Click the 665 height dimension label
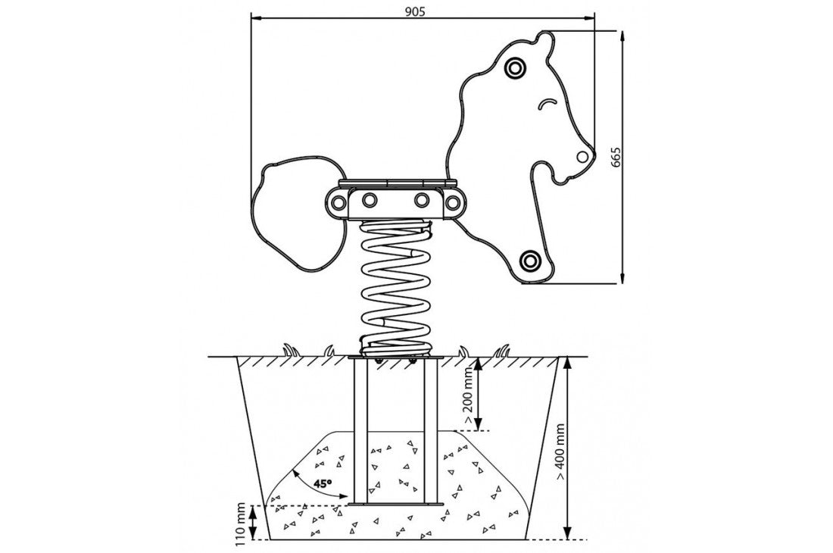click(616, 157)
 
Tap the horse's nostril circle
click(582, 157)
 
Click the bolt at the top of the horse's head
click(515, 67)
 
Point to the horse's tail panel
click(292, 212)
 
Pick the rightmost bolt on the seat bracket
click(453, 202)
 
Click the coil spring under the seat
click(396, 288)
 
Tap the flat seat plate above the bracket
click(397, 183)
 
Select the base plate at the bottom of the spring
click(396, 357)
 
